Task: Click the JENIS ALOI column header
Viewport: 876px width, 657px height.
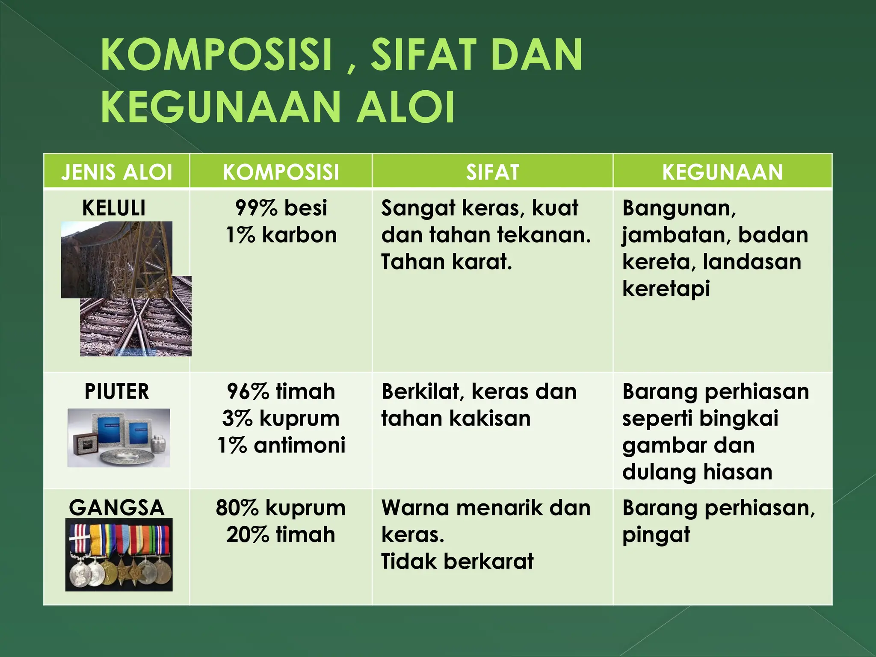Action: point(116,172)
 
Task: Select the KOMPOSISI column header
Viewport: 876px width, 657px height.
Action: point(281,172)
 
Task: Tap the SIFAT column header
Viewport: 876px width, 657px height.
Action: point(492,172)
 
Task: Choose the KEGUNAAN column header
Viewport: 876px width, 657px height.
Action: point(722,172)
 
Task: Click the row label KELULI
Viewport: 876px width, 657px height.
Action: point(114,208)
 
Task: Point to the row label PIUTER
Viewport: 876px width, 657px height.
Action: point(117,392)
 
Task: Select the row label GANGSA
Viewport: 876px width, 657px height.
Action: point(117,508)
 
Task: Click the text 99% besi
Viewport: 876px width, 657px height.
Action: point(281,208)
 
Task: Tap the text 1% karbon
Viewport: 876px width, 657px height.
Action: point(281,235)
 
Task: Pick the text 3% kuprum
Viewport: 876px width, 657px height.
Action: point(281,419)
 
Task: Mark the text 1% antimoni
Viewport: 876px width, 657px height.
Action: point(281,445)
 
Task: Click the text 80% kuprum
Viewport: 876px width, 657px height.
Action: point(281,508)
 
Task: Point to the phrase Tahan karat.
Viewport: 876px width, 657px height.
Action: point(446,262)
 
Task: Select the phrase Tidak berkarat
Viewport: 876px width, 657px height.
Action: point(457,561)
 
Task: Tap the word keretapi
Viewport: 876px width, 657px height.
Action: point(666,289)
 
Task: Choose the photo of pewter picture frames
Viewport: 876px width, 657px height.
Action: point(119,438)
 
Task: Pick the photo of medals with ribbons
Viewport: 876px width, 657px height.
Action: point(119,555)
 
